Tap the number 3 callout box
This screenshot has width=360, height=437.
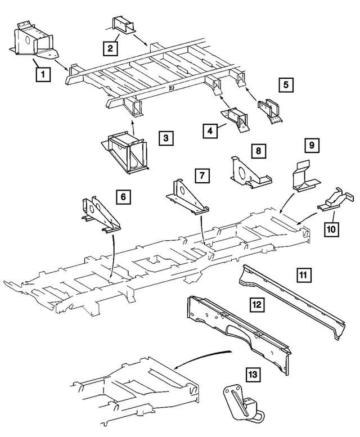pyautogui.click(x=165, y=138)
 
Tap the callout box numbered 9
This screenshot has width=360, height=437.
pyautogui.click(x=311, y=146)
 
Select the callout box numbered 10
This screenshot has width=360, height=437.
pyautogui.click(x=332, y=229)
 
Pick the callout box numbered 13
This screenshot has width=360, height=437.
pyautogui.click(x=253, y=374)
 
